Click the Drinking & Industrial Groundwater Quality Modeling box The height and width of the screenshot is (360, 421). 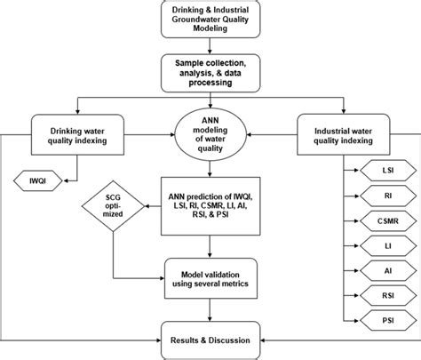coord(210,20)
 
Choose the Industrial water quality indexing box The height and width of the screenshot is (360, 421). coord(344,134)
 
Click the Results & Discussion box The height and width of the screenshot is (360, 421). coord(210,339)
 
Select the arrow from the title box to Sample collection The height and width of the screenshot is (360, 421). coord(210,47)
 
